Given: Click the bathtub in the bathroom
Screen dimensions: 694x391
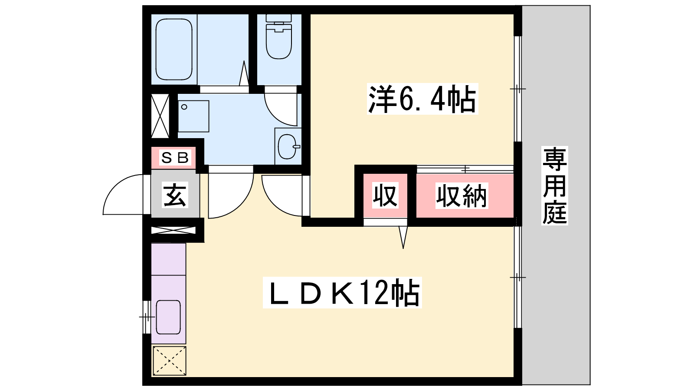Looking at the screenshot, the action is pos(174,50).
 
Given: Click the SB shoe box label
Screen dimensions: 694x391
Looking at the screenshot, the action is pos(175,158).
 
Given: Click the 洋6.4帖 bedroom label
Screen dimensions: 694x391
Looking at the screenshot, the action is pos(422,99).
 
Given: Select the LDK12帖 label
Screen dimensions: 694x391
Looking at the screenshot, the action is pos(342,293).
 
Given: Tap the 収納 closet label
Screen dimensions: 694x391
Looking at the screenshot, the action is pos(462,196).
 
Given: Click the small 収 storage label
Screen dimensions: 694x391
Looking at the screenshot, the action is pos(385,196).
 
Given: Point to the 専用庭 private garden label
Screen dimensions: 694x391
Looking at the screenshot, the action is pos(555,186).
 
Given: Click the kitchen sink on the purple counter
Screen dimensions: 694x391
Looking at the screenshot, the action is pos(168,317).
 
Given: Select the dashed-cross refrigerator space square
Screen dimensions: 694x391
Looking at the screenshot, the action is pos(170,361).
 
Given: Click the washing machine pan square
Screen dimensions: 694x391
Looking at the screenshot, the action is pos(193,116).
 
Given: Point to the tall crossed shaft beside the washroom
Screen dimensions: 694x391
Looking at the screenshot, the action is pos(160,116).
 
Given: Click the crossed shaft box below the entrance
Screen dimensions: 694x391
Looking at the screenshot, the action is pos(173,230).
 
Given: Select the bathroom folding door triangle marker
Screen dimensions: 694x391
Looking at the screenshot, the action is pos(244,73).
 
